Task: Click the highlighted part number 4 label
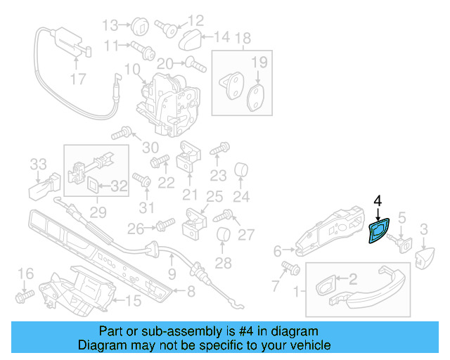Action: click(378, 201)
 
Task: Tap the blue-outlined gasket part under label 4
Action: click(379, 231)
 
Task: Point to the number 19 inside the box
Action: click(259, 63)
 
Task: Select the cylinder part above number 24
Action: click(242, 169)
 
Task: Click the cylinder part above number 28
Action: click(223, 236)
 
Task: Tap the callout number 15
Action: click(133, 301)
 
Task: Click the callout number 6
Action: click(278, 250)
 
